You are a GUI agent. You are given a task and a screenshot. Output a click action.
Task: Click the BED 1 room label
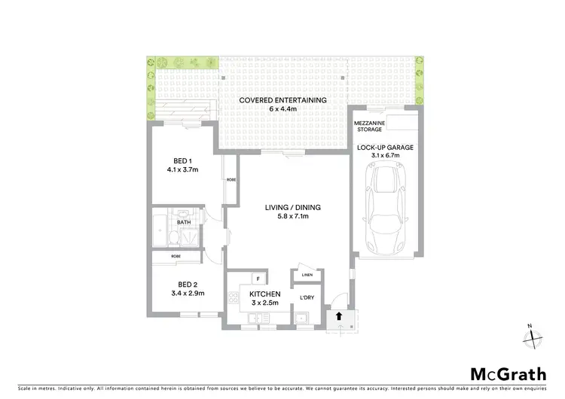181,161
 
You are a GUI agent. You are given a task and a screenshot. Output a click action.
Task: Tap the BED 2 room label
183,285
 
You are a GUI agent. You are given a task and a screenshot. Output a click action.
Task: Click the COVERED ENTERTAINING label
282,100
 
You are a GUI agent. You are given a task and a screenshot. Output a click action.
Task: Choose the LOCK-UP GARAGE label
385,148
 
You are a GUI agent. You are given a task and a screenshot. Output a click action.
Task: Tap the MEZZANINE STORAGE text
369,126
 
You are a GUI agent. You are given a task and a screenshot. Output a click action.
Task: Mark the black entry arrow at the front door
339,316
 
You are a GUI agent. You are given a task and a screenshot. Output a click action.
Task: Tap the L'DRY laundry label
307,299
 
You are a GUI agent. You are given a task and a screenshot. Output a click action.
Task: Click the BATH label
184,223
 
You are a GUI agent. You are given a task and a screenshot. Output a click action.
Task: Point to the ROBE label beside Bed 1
231,180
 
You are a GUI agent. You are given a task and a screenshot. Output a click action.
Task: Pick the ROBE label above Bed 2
176,257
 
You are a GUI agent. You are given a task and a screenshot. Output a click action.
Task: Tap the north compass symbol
533,336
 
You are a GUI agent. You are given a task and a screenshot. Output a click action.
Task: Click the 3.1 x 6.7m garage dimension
385,157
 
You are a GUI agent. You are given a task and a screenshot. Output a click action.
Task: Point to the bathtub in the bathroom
160,232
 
